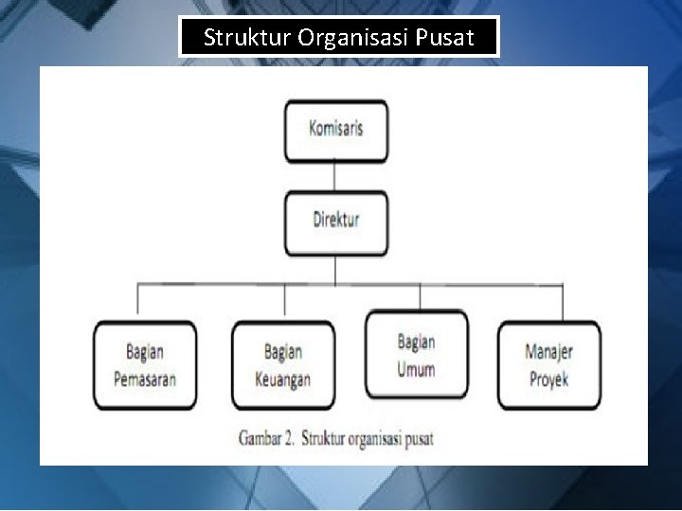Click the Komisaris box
335,130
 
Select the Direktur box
335,221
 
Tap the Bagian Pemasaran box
145,365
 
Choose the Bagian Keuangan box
283,365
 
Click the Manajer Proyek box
548,365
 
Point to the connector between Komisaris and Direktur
335,176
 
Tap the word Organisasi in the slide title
352,39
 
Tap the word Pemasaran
145,379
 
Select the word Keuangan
283,379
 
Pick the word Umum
416,368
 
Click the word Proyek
548,379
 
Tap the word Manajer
548,352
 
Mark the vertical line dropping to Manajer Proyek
562,302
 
